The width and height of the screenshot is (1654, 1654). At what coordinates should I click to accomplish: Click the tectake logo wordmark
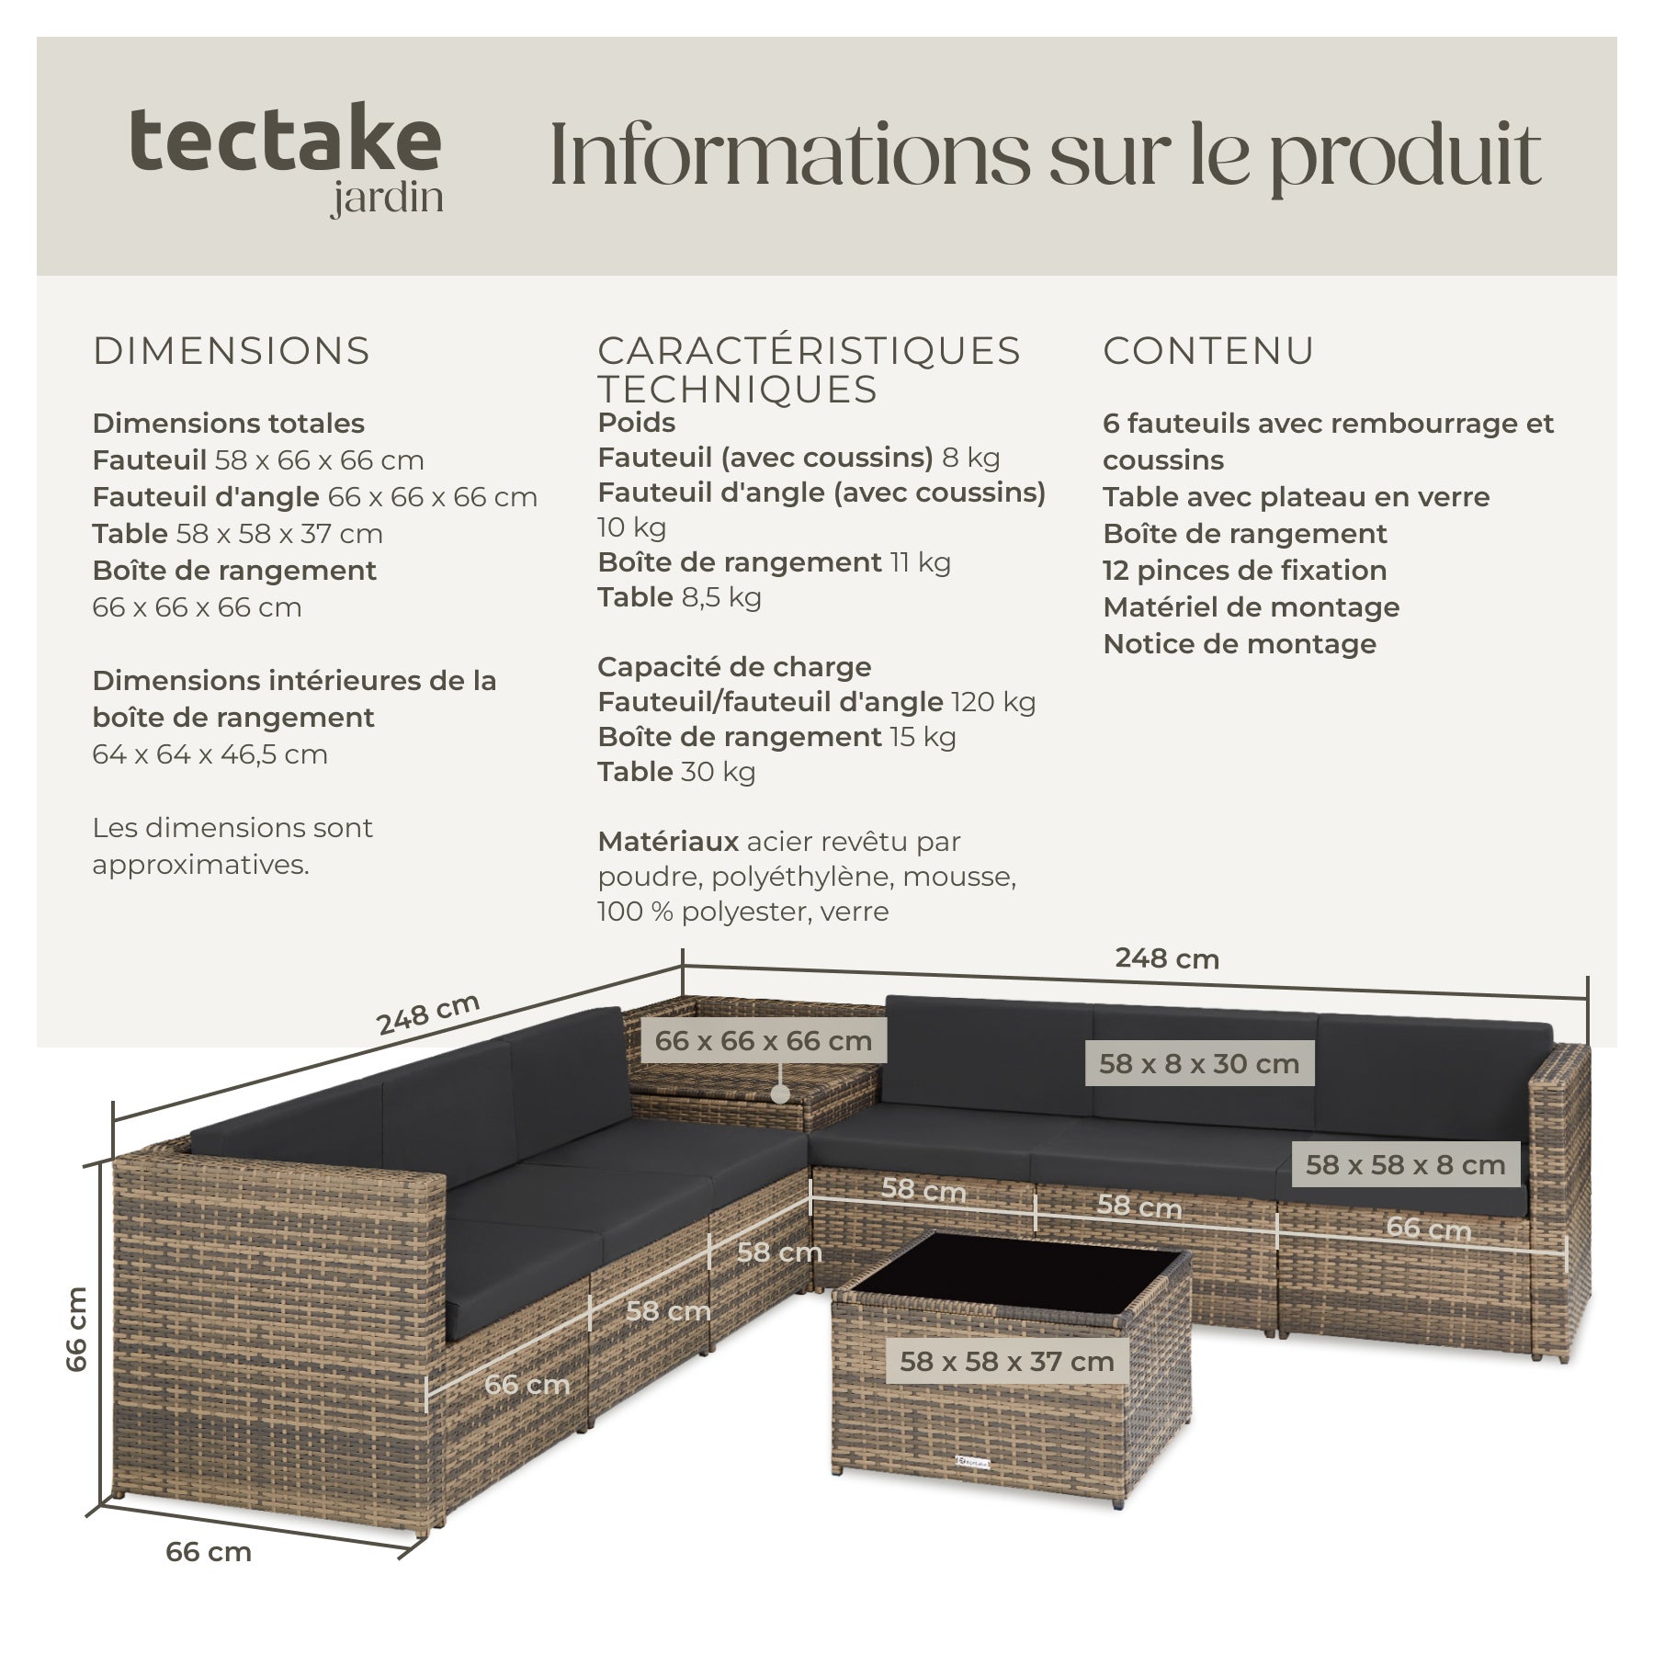click(x=285, y=140)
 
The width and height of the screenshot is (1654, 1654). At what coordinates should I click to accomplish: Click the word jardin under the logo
click(x=387, y=199)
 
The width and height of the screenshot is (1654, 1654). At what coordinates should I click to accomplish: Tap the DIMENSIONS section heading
click(x=232, y=351)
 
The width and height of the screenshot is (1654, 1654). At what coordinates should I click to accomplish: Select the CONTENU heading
click(x=1209, y=351)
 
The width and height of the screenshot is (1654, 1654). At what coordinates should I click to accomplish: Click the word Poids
click(x=637, y=423)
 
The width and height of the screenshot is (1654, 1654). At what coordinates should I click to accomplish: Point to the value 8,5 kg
click(x=721, y=598)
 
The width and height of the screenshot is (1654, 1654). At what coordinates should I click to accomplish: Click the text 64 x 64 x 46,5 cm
click(x=210, y=754)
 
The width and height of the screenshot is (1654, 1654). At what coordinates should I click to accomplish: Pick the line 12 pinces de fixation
click(x=1245, y=571)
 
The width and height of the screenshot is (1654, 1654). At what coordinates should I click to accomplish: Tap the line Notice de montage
click(x=1240, y=644)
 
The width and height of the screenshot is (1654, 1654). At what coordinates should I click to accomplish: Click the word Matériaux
click(x=668, y=842)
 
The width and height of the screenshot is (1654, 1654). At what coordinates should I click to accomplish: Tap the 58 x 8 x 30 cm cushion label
click(x=1199, y=1064)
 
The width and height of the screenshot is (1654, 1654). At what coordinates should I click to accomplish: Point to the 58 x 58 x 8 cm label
click(x=1406, y=1165)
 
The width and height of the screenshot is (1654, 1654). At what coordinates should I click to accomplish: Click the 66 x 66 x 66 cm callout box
click(x=763, y=1041)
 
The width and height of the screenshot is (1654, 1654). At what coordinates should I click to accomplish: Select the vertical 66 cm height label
click(x=77, y=1328)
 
